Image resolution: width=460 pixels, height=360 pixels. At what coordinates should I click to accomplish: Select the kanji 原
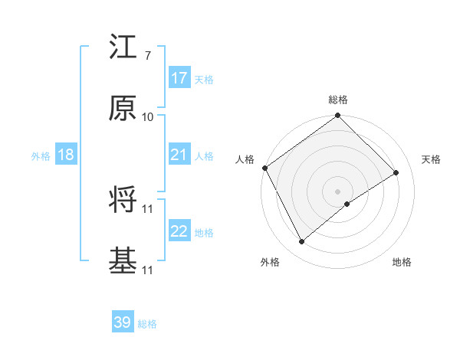pos(123,110)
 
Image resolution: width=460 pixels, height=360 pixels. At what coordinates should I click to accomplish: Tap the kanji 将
pos(123,201)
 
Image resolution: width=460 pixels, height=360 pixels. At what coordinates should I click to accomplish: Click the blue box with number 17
pos(179,78)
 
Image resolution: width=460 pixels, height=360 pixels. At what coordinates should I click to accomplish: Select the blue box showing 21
pos(179,155)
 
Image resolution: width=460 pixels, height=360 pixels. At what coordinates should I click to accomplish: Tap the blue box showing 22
pos(179,232)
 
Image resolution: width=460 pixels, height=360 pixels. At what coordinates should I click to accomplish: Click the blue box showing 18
pos(66,155)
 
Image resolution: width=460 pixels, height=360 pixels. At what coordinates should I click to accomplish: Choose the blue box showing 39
pos(123,322)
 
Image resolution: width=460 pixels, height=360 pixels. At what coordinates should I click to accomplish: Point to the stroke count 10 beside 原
pos(148,116)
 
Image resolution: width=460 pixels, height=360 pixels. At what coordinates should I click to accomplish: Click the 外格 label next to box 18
pos(41,156)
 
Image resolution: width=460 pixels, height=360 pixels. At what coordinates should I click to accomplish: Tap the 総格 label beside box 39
pos(147,324)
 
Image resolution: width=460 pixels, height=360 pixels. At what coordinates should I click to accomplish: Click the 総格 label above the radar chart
pos(338,100)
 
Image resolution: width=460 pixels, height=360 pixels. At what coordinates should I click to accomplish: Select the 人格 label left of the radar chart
pos(245,159)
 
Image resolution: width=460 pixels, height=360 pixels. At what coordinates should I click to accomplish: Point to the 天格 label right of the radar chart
pos(431,159)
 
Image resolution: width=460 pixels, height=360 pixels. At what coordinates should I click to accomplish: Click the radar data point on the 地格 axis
pos(347,204)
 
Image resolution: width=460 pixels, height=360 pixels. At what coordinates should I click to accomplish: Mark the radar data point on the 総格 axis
pos(338,116)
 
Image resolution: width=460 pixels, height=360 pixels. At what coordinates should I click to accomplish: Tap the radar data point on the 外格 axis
pos(302,242)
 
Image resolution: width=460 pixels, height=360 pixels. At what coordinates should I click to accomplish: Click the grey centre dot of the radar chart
pos(338,191)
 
